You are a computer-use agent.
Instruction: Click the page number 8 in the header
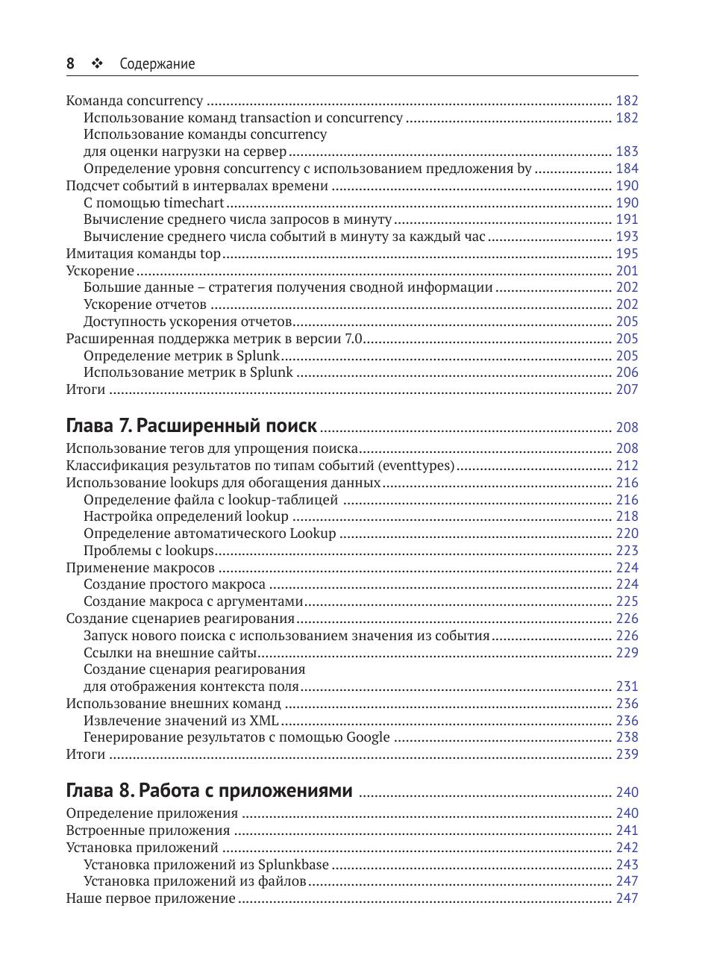70,64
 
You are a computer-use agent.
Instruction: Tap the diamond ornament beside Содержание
95,64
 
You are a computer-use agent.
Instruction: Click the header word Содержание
157,64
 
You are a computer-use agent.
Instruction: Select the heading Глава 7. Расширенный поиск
192,426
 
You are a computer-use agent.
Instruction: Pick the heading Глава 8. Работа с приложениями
209,791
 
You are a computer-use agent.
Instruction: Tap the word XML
264,720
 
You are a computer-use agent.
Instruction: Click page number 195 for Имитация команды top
627,254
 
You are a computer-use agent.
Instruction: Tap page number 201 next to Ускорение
627,271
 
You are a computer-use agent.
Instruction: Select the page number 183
627,151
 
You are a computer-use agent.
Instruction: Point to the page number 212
627,466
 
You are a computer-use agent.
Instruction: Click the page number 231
627,686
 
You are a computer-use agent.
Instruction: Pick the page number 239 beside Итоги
627,754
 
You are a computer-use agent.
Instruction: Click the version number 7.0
353,339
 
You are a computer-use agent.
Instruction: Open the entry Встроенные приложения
148,830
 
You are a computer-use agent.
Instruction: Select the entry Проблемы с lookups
148,551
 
